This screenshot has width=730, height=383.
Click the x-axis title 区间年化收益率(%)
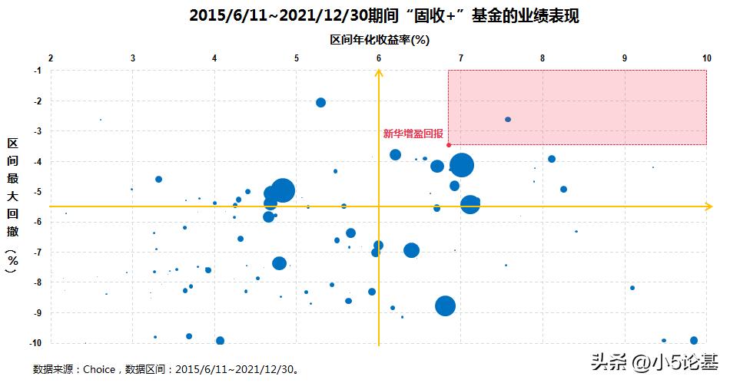[x=378, y=40]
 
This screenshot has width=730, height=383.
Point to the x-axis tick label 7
[x=461, y=58]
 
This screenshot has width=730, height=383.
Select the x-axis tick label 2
[x=51, y=58]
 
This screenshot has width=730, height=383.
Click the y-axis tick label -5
[x=36, y=192]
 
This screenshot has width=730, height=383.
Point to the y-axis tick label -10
[x=35, y=343]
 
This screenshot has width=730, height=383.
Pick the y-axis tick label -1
[x=36, y=71]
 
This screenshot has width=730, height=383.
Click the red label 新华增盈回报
[x=413, y=134]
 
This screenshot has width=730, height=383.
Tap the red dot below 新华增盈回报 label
[x=448, y=144]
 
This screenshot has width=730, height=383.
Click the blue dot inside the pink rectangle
[x=508, y=119]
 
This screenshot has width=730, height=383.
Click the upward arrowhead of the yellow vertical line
[x=379, y=73]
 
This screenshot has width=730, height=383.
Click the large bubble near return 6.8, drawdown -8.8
[x=445, y=305]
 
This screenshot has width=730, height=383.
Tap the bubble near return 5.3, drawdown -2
[x=320, y=103]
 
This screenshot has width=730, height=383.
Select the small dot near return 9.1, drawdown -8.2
[x=632, y=288]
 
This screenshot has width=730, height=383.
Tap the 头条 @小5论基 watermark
[x=655, y=360]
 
